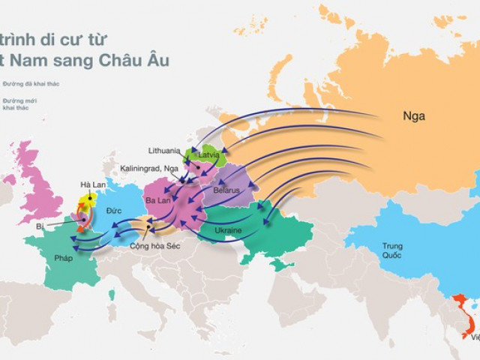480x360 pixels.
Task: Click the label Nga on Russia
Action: click(414, 116)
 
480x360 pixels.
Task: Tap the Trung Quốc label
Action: click(392, 250)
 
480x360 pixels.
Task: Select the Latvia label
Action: click(208, 155)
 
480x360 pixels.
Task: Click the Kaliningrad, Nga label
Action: click(149, 169)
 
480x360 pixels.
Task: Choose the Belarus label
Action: click(226, 190)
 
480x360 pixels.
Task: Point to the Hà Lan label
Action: click(93, 184)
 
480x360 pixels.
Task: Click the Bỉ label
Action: click(40, 226)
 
